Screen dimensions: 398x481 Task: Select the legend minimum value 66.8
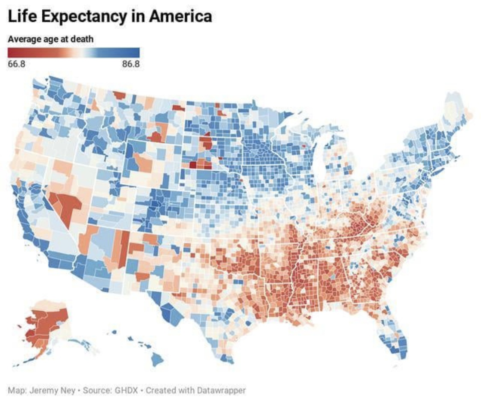click(x=16, y=64)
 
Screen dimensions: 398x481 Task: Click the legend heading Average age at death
click(x=50, y=39)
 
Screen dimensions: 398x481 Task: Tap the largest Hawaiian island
click(x=156, y=360)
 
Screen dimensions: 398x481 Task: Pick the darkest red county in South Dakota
click(x=192, y=165)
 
